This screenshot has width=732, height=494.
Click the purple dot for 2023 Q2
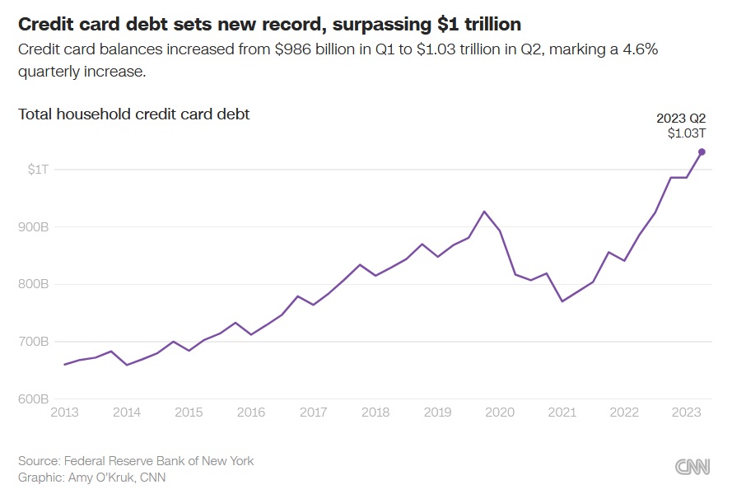click(x=702, y=151)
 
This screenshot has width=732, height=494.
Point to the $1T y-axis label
click(x=38, y=169)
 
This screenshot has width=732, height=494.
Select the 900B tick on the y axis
click(x=35, y=226)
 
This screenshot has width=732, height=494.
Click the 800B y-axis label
click(x=35, y=284)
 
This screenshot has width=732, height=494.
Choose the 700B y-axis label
click(x=35, y=342)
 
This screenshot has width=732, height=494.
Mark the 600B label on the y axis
click(x=35, y=399)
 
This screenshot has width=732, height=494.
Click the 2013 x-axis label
click(x=64, y=412)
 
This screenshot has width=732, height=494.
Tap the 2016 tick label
click(x=251, y=412)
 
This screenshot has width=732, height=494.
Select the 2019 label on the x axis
click(x=438, y=412)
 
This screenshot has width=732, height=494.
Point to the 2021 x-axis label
click(x=562, y=412)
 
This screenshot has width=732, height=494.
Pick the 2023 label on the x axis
click(x=687, y=412)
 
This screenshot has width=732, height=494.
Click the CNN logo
click(x=692, y=467)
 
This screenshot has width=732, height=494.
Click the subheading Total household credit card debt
click(x=133, y=114)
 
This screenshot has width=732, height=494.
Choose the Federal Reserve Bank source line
click(x=136, y=461)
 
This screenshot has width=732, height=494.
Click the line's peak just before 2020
click(x=485, y=212)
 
